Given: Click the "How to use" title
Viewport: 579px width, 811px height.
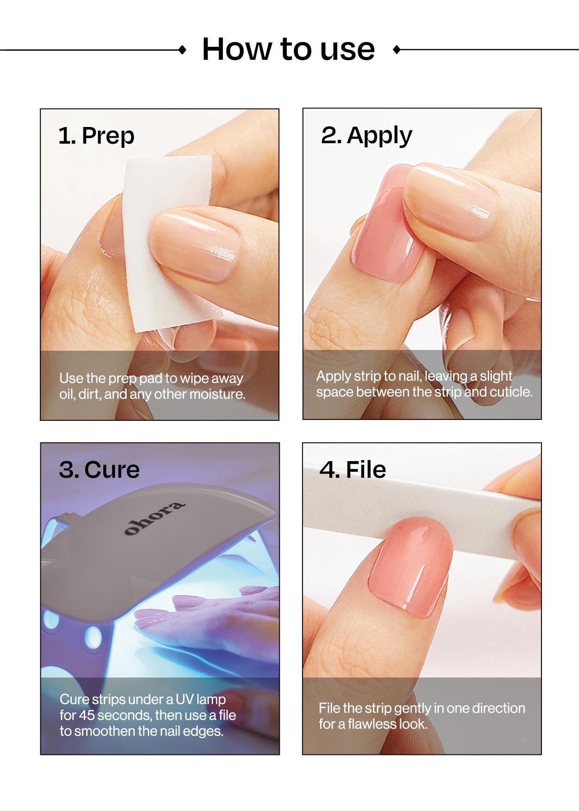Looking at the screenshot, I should (288, 49).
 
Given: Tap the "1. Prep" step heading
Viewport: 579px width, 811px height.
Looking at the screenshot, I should (96, 136).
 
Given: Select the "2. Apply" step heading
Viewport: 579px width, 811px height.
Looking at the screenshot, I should (366, 135).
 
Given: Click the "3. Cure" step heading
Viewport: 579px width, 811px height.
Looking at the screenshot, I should (99, 469).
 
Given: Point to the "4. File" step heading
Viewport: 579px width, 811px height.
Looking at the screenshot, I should (352, 469).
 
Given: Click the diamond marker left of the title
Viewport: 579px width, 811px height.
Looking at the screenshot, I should (183, 50).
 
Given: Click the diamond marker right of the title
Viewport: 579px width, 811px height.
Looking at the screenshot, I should (396, 50).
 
